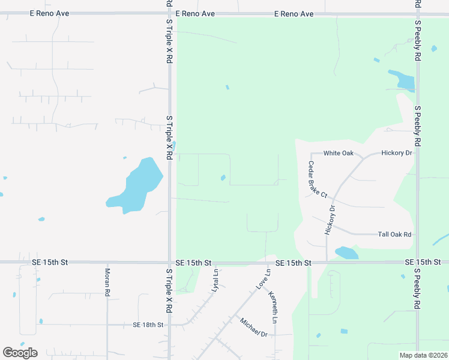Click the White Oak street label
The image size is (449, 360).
[339, 153]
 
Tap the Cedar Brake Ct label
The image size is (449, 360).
[318, 179]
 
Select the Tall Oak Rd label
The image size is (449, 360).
[394, 235]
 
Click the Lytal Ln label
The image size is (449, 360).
[214, 280]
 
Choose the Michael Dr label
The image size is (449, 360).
[253, 328]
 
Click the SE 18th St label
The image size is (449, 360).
[148, 325]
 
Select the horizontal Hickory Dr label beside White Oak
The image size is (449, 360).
[397, 153]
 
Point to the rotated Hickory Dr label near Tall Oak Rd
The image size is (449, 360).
[329, 219]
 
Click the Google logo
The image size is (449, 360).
[20, 353]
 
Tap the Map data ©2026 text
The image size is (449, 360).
[423, 355]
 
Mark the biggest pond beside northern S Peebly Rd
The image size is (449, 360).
[402, 79]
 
